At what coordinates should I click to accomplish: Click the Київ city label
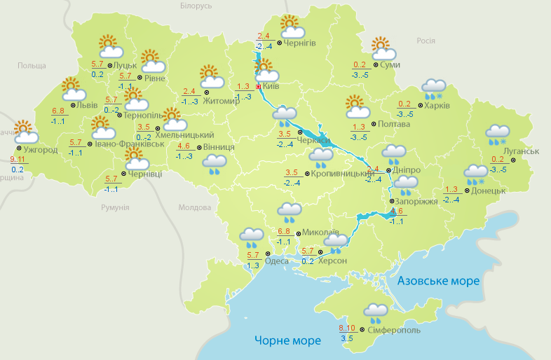pyautogui.click(x=271, y=87)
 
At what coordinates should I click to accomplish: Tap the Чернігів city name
pyautogui.click(x=300, y=43)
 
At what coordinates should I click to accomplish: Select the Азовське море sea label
pyautogui.click(x=438, y=281)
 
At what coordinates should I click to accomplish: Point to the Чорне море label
pyautogui.click(x=287, y=340)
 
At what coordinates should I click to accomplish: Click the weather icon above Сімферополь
pyautogui.click(x=376, y=312)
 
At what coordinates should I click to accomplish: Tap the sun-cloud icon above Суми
pyautogui.click(x=383, y=49)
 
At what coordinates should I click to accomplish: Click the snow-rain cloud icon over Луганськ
pyautogui.click(x=498, y=134)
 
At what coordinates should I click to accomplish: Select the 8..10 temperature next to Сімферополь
pyautogui.click(x=347, y=328)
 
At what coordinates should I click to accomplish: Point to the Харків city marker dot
pyautogui.click(x=419, y=106)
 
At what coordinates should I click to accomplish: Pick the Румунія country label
pyautogui.click(x=115, y=208)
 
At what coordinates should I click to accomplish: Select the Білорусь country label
pyautogui.click(x=196, y=6)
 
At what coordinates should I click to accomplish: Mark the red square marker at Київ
pyautogui.click(x=258, y=87)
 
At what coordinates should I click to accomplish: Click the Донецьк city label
pyautogui.click(x=488, y=190)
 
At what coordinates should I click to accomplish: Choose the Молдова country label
pyautogui.click(x=194, y=208)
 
